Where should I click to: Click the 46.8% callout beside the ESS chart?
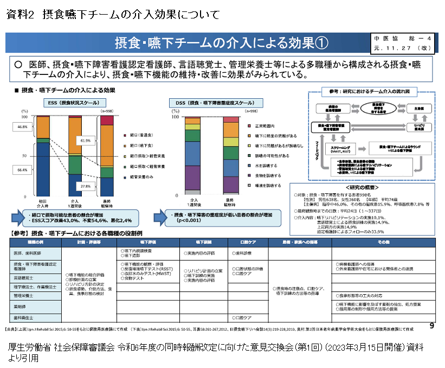pos(22,126)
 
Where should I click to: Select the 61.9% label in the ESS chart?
pos(85,140)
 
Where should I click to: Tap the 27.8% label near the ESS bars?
pos(85,186)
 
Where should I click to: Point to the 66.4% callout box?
pos(22,170)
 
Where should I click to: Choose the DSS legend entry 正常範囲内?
pos(261,126)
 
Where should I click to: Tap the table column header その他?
pos(383,240)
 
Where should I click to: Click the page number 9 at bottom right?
pos(431,326)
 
